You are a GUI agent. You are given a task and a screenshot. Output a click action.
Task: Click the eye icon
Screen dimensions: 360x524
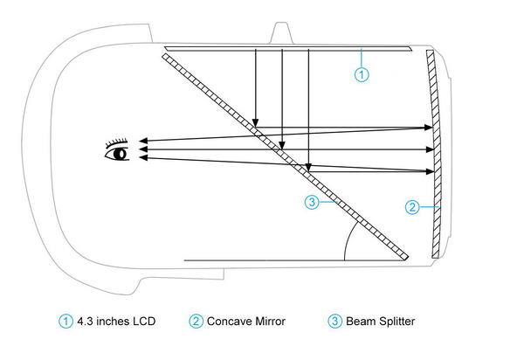click(x=117, y=154)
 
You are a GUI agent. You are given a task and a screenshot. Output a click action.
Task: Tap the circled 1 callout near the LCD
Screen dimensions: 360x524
click(x=362, y=74)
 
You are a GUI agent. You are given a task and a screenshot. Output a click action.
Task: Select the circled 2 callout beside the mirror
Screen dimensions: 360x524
click(x=415, y=207)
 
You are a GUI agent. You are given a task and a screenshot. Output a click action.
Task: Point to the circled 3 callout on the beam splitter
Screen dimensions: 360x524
click(x=313, y=203)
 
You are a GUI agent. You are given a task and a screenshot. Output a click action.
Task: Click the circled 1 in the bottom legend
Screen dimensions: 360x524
click(x=65, y=322)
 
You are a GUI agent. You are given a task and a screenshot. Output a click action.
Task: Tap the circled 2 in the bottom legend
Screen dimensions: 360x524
click(x=196, y=322)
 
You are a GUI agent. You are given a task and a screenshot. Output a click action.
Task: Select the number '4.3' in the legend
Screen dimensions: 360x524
click(x=86, y=322)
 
